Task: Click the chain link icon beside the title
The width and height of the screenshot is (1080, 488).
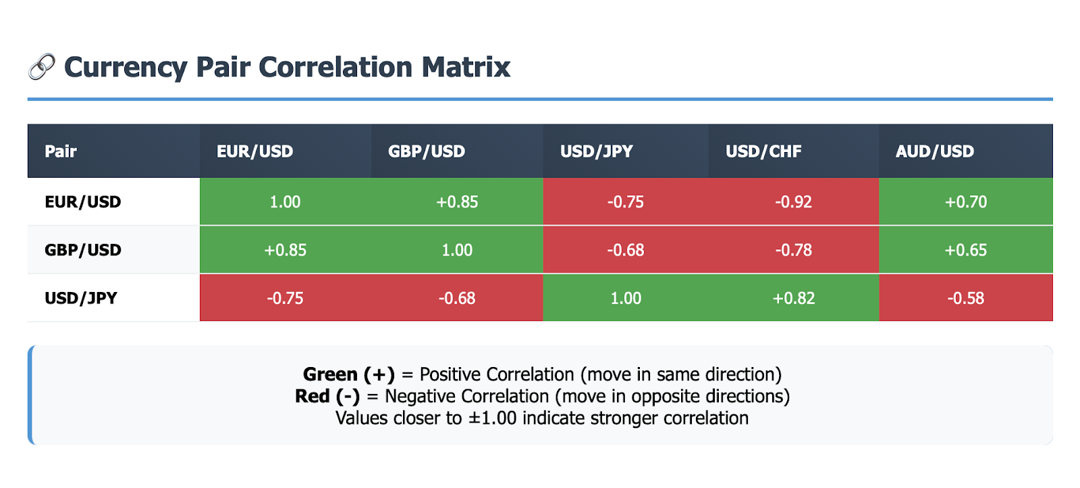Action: point(42,67)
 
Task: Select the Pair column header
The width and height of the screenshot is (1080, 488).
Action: point(61,151)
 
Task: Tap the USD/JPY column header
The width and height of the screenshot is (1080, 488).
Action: point(597,151)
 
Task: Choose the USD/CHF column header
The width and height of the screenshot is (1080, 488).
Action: point(763,151)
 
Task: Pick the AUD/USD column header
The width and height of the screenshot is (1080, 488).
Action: point(935,151)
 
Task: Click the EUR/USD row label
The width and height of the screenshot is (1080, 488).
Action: point(83,202)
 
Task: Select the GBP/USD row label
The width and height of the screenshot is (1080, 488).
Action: point(83,250)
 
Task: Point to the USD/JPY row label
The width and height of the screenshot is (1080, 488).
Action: point(81,298)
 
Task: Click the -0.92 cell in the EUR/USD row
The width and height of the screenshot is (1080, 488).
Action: point(794,202)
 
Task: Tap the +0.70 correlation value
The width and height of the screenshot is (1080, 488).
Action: point(966,202)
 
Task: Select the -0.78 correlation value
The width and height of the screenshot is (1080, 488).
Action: point(794,250)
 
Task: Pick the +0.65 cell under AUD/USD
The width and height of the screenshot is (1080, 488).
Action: point(966,250)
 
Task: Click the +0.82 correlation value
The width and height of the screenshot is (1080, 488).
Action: point(794,298)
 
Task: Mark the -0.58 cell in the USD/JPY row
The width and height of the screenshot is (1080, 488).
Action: point(966,298)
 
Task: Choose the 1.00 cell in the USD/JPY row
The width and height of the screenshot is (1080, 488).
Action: point(626,298)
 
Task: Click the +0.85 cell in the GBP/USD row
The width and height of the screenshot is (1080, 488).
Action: point(286,250)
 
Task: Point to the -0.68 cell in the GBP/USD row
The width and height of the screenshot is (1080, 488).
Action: point(626,250)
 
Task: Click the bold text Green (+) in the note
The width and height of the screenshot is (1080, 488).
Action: point(349,374)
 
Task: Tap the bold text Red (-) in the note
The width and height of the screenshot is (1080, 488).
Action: point(327,396)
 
